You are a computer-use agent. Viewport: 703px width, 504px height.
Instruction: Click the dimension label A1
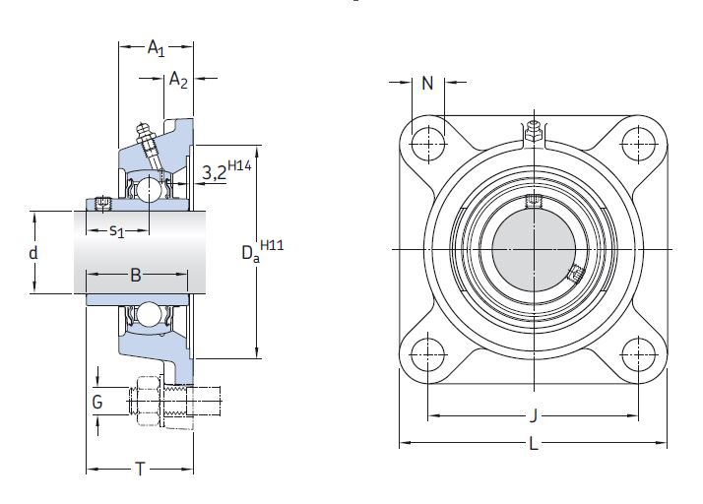[x=156, y=47]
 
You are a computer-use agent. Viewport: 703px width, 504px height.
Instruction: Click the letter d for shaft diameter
[x=33, y=252]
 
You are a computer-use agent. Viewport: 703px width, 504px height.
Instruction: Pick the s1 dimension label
[x=116, y=231]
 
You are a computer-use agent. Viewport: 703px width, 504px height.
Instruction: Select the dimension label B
[x=136, y=276]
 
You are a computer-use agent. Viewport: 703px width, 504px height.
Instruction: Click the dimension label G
[x=96, y=402]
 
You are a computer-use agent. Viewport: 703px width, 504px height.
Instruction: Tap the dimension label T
[x=140, y=470]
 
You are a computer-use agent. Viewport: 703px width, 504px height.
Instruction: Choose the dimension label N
[x=427, y=84]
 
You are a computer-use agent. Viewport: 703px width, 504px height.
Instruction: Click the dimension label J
[x=533, y=414]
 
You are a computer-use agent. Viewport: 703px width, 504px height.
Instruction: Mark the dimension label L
[x=533, y=444]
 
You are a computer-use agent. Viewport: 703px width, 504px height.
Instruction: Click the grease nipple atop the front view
[x=533, y=129]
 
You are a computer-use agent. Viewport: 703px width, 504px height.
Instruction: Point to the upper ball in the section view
[x=148, y=187]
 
